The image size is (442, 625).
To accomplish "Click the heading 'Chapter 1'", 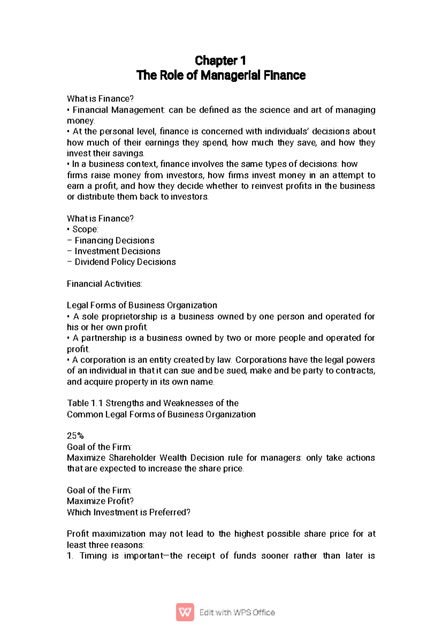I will [x=220, y=61].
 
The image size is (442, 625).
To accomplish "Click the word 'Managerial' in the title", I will [x=230, y=76].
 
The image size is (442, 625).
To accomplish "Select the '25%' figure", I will [x=75, y=436].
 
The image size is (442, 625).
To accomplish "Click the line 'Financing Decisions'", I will [x=114, y=241].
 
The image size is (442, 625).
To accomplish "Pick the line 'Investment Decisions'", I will [x=117, y=252].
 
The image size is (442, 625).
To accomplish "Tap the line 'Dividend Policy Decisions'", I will [x=125, y=262].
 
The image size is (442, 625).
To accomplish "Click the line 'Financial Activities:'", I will [x=104, y=284].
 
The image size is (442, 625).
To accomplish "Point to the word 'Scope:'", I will [x=85, y=230].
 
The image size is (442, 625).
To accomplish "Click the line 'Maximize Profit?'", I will [x=100, y=501].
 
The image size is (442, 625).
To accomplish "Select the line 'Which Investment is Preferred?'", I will [x=128, y=512].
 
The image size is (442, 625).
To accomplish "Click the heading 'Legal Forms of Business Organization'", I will [x=142, y=305].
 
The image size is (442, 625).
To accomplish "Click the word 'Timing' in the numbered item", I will [x=92, y=556].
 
